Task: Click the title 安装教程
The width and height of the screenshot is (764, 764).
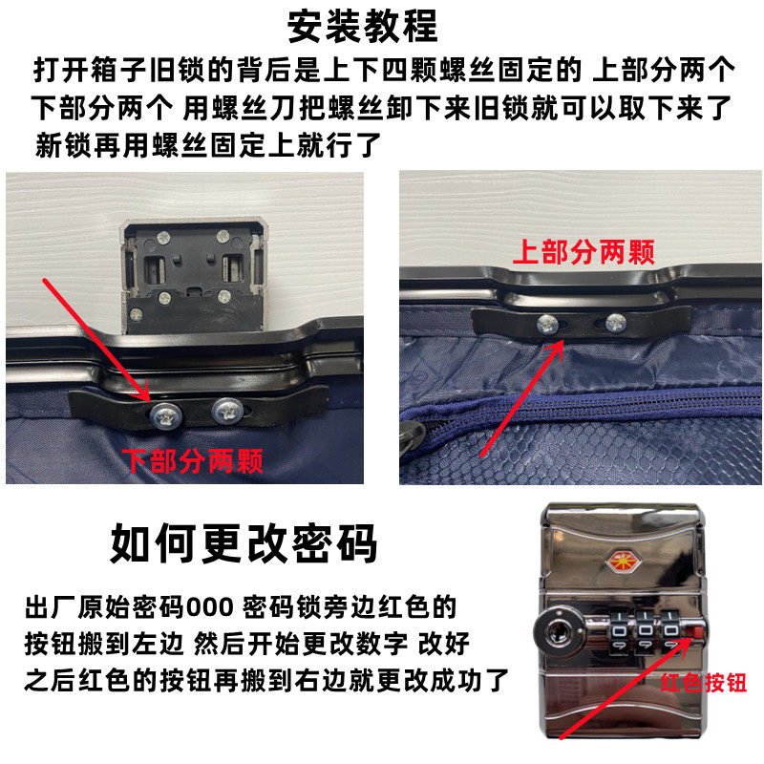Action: [x=363, y=27]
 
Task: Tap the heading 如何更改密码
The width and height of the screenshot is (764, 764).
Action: [x=244, y=543]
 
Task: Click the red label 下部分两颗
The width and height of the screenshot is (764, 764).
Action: [x=193, y=461]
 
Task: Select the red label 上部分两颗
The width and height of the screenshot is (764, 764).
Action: [x=584, y=252]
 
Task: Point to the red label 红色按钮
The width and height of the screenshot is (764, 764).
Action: [x=704, y=683]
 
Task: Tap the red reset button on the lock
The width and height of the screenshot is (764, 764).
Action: [x=696, y=632]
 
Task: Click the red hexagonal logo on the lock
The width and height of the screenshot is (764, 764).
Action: [x=623, y=562]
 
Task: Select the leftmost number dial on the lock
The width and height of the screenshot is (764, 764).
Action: [x=619, y=633]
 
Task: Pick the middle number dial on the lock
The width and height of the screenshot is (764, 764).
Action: [x=645, y=633]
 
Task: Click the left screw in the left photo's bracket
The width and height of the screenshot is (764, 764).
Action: [x=165, y=415]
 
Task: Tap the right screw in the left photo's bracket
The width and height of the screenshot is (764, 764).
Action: [x=228, y=411]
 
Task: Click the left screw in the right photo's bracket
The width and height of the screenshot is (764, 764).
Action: [x=548, y=325]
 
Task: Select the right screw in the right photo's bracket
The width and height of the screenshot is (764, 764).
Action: [x=616, y=322]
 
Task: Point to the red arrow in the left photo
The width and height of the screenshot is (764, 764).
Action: [x=96, y=340]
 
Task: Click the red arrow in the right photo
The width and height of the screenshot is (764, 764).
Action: [x=522, y=397]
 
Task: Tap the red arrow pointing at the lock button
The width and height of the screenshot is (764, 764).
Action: [x=626, y=688]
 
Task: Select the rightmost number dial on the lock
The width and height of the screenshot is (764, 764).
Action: [x=670, y=633]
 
